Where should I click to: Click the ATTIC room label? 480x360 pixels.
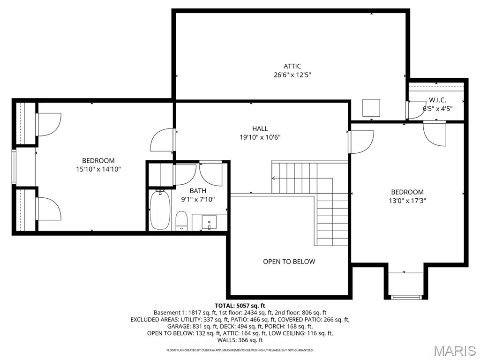(x=292, y=66)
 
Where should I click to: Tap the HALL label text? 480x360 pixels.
(x=260, y=128)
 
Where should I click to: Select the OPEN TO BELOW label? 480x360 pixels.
(x=289, y=262)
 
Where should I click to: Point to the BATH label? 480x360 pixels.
(x=198, y=191)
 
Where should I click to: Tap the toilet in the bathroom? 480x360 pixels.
(x=181, y=220)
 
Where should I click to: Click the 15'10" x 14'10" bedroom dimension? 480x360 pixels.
(x=98, y=169)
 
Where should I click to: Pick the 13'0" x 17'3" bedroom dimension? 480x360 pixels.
(x=407, y=201)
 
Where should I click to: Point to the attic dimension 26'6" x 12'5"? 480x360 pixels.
(x=292, y=75)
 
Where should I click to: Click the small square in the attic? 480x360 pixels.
(x=373, y=108)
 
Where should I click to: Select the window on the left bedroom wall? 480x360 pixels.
(x=14, y=167)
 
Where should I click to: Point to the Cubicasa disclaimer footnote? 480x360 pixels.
(x=240, y=350)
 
